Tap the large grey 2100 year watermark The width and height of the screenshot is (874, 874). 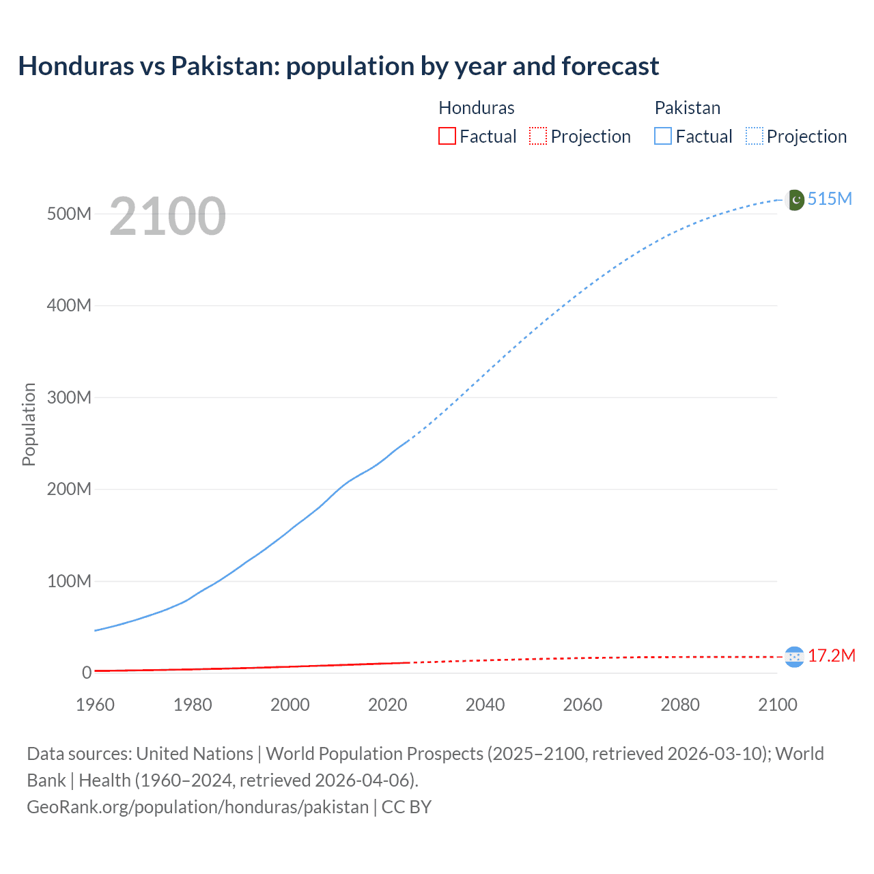click(167, 216)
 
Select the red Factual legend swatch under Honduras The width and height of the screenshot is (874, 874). click(447, 136)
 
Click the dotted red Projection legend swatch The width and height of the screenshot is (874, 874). click(538, 136)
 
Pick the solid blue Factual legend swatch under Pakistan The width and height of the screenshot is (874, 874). click(663, 136)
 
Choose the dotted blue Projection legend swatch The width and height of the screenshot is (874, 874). click(755, 136)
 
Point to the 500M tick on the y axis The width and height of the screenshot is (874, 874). click(69, 214)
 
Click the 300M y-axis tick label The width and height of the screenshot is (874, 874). click(69, 397)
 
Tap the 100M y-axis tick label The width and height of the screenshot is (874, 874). click(69, 581)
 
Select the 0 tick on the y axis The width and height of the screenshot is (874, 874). click(87, 673)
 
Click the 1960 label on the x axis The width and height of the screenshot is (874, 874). click(95, 705)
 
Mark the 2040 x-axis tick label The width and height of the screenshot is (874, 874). click(485, 705)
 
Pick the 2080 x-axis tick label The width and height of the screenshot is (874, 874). click(680, 705)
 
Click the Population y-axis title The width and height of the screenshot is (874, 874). click(29, 424)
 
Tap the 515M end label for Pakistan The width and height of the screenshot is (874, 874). click(830, 199)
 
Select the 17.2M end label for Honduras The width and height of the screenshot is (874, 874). click(832, 656)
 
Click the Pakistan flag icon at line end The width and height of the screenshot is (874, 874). click(795, 200)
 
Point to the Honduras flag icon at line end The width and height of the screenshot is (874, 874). click(794, 657)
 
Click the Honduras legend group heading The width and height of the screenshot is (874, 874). click(476, 108)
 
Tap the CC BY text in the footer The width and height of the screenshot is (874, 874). click(406, 807)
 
